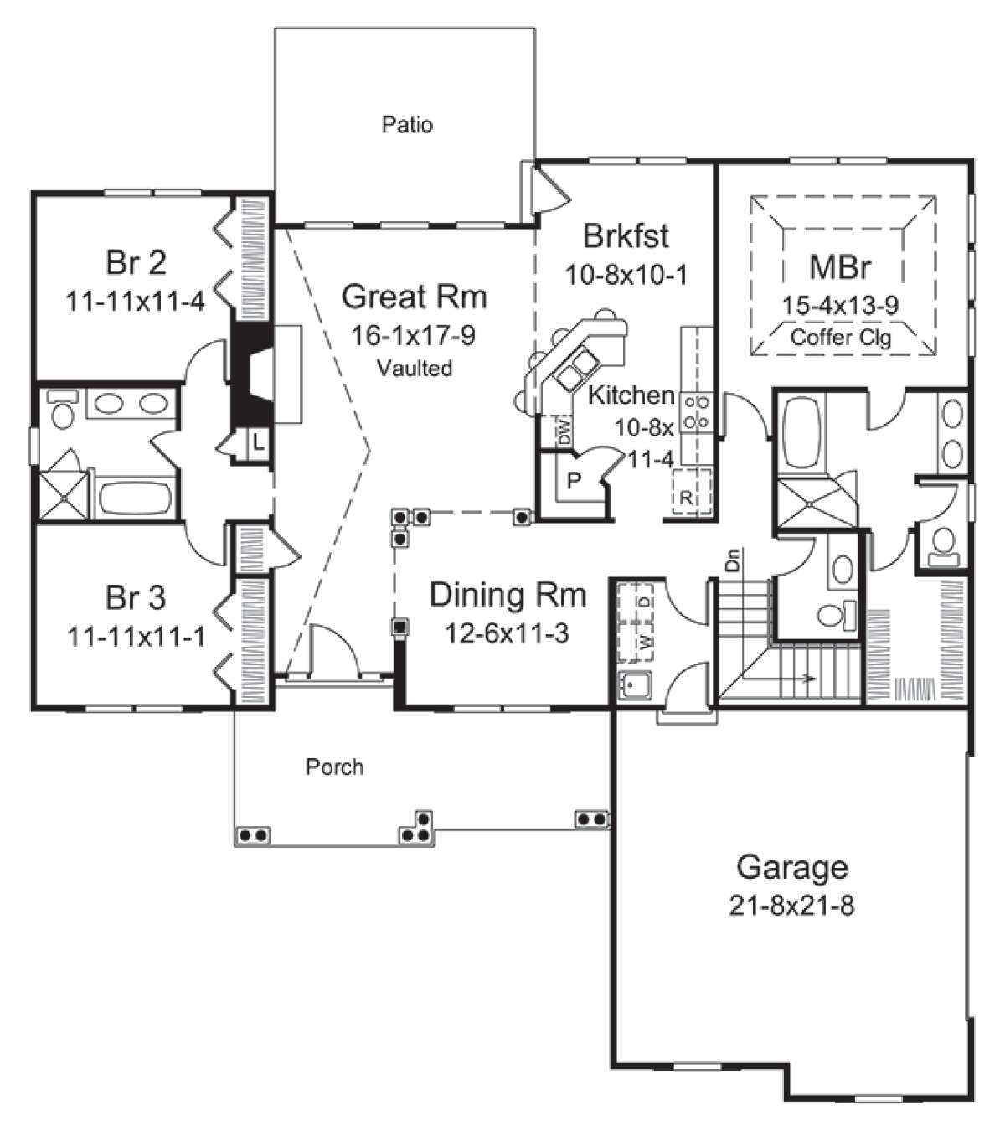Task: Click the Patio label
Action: click(407, 124)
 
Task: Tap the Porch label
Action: click(334, 767)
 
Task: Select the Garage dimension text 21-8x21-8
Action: click(791, 906)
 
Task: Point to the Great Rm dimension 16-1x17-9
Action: click(413, 335)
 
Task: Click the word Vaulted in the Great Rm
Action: click(414, 368)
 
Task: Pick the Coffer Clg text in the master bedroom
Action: click(841, 337)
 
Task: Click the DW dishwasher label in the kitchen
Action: click(565, 431)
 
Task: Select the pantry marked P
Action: click(575, 479)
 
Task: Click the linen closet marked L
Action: click(258, 443)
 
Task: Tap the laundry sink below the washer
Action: click(635, 685)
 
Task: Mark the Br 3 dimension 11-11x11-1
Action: click(136, 636)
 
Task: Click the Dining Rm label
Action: click(508, 595)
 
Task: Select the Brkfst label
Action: click(626, 236)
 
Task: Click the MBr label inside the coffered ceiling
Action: click(840, 267)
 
